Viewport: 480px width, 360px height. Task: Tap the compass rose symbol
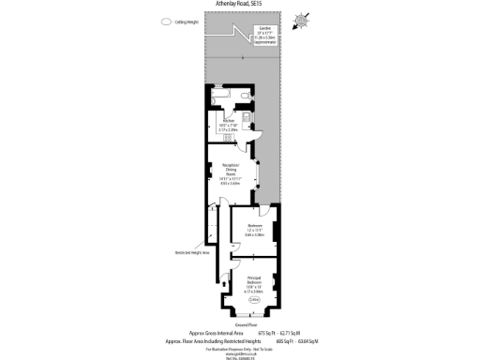300,21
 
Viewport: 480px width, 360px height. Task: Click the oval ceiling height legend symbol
166,22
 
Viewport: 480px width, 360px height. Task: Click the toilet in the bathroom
246,96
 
